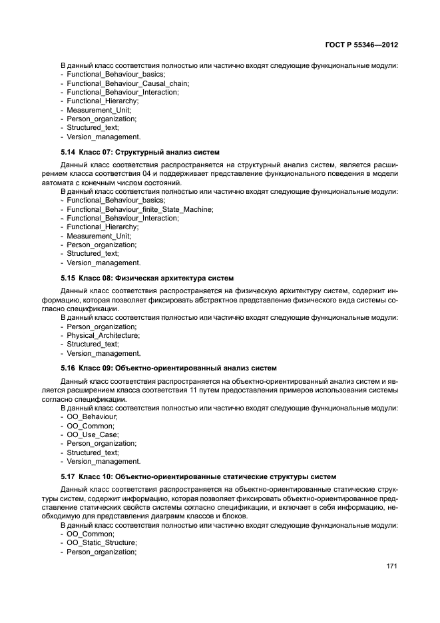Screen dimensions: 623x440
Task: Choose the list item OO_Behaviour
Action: pos(92,416)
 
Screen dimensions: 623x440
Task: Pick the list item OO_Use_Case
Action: pos(92,434)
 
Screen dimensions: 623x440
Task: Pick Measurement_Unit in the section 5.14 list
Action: pos(99,236)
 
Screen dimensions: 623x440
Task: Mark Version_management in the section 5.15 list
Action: pos(103,353)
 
